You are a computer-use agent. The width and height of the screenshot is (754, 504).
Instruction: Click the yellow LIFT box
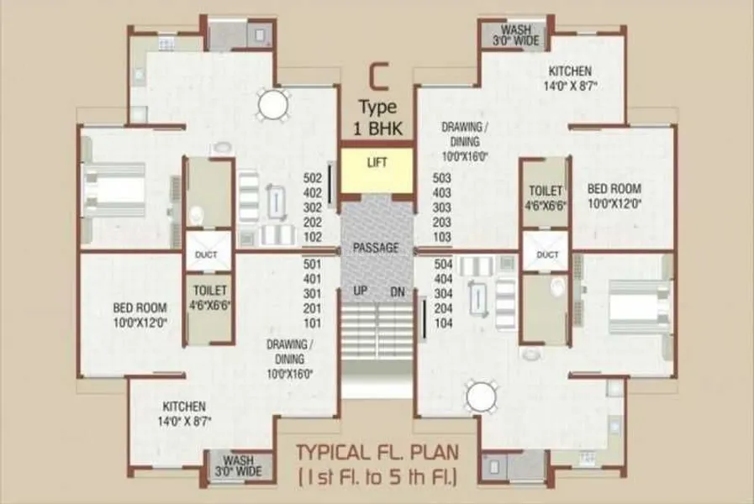[377, 170]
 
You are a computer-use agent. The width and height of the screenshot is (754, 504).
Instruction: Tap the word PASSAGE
[376, 248]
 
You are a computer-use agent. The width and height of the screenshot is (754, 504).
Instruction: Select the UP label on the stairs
[360, 291]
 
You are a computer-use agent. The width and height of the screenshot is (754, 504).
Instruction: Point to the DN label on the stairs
[398, 291]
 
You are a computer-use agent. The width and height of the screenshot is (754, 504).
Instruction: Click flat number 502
[313, 178]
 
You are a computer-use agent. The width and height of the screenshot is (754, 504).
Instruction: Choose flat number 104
[443, 323]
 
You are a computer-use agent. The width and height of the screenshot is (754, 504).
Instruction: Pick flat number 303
[442, 207]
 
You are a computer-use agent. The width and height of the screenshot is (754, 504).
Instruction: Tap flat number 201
[313, 308]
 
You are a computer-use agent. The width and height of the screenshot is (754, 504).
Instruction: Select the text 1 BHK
[377, 129]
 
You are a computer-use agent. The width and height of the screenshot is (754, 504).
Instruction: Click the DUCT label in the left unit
[206, 255]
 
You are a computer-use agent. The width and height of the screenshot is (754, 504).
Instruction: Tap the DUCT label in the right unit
[547, 255]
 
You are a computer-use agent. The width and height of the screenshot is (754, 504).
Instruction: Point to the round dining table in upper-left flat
[273, 104]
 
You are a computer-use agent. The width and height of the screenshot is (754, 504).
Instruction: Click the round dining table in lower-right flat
[482, 396]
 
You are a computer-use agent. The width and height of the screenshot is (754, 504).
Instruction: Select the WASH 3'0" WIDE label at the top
[515, 35]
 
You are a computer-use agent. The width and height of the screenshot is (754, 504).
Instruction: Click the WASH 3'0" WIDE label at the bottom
[239, 465]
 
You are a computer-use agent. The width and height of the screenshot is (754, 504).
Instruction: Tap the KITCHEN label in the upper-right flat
[570, 71]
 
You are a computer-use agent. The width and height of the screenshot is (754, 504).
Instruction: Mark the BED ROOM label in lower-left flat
[140, 307]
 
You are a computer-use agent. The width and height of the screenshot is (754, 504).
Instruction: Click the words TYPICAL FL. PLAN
[377, 453]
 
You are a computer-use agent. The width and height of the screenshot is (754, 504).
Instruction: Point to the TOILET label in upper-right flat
[546, 191]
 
